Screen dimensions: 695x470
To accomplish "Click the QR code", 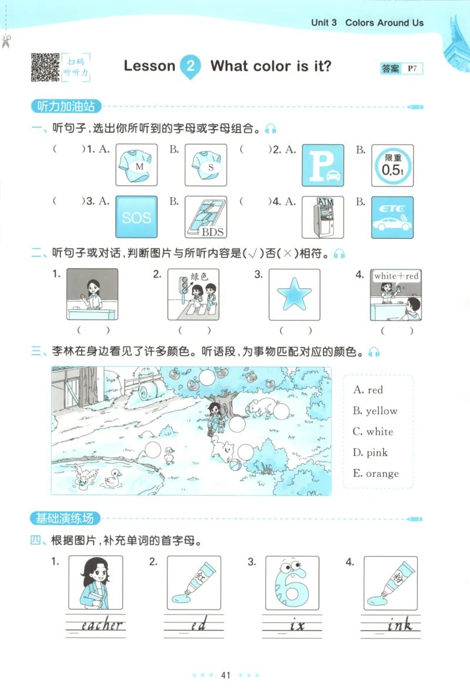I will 45,67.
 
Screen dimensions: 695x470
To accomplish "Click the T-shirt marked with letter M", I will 136,166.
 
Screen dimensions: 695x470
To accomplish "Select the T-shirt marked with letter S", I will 206,166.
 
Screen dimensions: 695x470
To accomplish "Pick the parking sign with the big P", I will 323,166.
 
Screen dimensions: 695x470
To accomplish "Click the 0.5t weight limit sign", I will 392,166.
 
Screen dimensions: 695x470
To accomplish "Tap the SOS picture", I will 136,218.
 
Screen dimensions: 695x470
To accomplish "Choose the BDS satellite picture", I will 206,218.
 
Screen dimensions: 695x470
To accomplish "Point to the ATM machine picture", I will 323,218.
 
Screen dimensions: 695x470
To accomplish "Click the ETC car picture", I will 392,218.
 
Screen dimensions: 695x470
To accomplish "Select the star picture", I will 294,294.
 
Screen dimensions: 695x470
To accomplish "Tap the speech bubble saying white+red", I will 397,276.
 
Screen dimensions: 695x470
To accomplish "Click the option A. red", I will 368,390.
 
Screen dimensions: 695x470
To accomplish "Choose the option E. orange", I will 376,473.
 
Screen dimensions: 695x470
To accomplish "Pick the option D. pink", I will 371,453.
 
